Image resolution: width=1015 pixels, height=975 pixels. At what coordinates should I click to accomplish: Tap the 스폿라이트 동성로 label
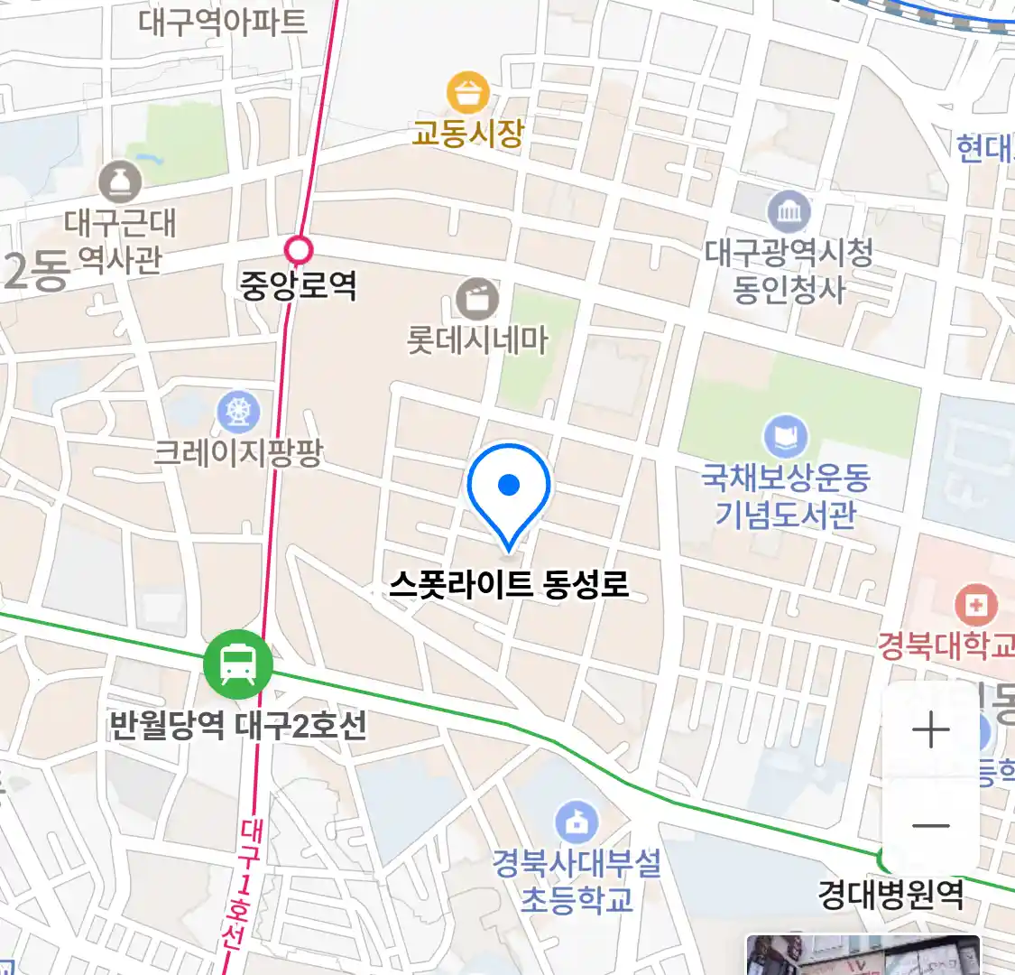point(509,584)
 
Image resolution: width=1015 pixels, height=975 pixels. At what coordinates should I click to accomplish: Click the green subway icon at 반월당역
point(237,664)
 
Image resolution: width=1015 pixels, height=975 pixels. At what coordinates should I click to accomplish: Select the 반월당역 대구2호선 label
point(238,725)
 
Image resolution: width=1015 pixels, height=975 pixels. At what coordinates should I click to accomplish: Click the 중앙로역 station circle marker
point(298,249)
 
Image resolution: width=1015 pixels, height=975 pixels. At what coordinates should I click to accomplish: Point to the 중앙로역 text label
point(298,285)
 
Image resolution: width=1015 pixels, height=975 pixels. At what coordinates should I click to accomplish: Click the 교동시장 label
point(468,134)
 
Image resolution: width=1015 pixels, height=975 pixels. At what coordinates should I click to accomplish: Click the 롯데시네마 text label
point(477,340)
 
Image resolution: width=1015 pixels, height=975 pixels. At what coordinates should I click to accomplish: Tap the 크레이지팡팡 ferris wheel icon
point(238,413)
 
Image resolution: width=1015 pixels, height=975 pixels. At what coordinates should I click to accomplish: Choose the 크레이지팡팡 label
point(238,451)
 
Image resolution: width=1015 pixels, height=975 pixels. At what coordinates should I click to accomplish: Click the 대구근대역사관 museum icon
point(120,182)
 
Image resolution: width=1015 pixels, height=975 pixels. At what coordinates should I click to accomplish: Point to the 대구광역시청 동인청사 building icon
point(789,212)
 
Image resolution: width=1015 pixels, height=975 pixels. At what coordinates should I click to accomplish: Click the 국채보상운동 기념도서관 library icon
point(785,437)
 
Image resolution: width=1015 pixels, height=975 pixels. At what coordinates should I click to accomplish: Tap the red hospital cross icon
point(976,605)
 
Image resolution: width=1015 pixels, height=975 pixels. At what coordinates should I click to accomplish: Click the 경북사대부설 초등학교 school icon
point(577,822)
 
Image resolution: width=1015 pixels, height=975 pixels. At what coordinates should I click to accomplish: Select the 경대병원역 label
point(890,894)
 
